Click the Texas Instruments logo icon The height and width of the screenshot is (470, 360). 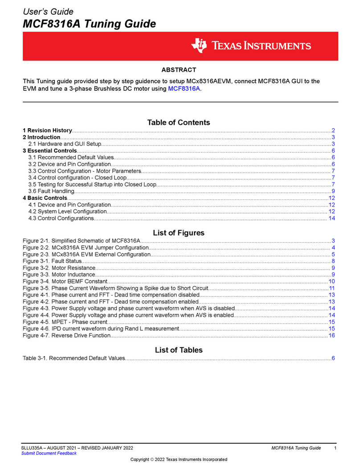(199, 46)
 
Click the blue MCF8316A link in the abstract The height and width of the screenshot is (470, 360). (184, 89)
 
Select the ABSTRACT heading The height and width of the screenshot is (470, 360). (178, 70)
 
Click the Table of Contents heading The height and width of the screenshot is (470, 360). (178, 122)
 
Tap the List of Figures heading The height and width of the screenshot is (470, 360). (178, 233)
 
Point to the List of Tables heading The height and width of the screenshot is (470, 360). (178, 350)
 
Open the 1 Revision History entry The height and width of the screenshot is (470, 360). (47, 130)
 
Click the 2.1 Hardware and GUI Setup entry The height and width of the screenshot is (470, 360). (65, 144)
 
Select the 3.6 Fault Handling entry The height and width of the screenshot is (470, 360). (51, 191)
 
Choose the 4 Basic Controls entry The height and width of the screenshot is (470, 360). (45, 198)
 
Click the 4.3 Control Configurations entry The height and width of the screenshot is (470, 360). (61, 218)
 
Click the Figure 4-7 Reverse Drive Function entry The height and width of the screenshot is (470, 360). (66, 336)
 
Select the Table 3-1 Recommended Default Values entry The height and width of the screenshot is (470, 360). (74, 358)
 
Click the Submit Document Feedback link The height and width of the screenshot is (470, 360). (49, 453)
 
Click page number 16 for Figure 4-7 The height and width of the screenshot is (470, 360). (331, 336)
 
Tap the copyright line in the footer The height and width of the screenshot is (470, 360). (178, 459)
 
